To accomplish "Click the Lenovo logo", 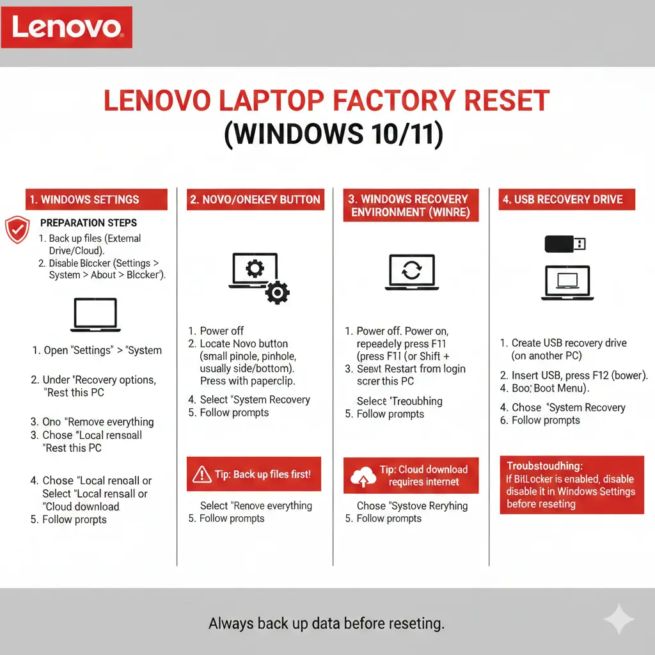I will [67, 28].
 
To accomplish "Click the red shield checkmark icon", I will [17, 230].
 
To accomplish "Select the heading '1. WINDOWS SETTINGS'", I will [96, 200].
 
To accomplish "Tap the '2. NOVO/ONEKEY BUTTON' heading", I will [255, 200].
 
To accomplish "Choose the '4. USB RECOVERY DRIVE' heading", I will [567, 200].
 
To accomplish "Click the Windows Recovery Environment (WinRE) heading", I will [411, 206].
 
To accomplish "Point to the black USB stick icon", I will [564, 244].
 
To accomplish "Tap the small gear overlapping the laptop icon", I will [277, 292].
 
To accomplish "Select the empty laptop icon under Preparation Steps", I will [95, 315].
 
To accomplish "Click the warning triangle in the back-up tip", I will [201, 474].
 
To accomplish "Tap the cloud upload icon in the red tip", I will [363, 477].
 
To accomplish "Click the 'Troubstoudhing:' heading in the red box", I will [544, 466].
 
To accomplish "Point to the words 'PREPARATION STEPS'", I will [88, 223].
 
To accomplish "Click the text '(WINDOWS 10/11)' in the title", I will [333, 135].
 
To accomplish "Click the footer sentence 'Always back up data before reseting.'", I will [326, 623].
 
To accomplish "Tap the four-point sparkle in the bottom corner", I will [619, 620].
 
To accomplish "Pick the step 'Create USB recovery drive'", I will [569, 343].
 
